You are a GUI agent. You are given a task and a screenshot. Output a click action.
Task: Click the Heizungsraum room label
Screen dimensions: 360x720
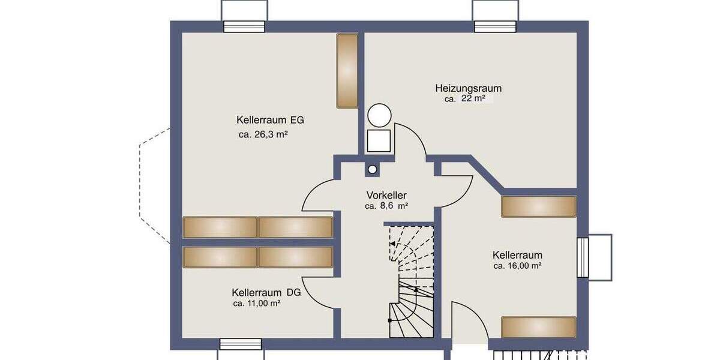click(468, 88)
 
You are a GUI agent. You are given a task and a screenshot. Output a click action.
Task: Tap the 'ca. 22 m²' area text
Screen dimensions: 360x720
click(465, 99)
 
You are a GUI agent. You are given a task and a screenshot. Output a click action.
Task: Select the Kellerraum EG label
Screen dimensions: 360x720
click(270, 119)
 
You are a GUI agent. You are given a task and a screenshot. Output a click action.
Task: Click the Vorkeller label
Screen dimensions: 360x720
click(386, 195)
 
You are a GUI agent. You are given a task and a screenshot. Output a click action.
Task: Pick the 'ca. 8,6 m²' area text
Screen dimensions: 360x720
click(386, 206)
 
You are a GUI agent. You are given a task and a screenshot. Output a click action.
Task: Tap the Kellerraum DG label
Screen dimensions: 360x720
click(266, 293)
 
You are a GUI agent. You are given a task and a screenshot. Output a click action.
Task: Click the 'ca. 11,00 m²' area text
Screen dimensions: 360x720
click(257, 304)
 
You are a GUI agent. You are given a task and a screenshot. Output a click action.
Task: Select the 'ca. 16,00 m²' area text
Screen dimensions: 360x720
click(517, 265)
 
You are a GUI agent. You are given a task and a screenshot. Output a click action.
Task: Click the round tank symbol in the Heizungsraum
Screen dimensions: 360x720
click(379, 115)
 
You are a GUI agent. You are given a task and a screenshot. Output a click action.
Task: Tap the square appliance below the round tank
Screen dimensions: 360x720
click(379, 140)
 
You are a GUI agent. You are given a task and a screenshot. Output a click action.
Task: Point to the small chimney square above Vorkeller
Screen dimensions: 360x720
click(373, 170)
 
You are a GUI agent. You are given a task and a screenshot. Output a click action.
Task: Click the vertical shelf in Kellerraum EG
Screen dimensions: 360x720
click(347, 71)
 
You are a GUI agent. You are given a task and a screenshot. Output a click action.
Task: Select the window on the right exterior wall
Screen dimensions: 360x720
click(583, 257)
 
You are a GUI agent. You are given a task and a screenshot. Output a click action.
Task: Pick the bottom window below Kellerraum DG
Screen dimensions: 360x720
click(241, 344)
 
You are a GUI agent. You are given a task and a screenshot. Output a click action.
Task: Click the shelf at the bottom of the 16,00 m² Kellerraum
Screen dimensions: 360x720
click(538, 327)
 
